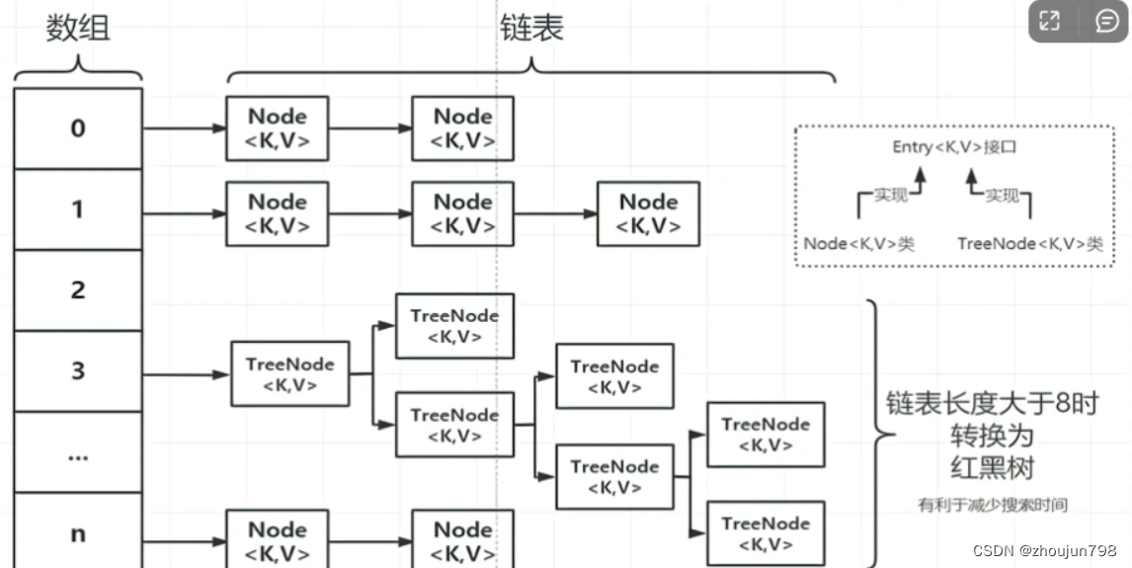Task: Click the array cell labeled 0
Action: [x=78, y=128]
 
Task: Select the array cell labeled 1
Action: [x=78, y=209]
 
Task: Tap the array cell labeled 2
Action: [x=78, y=290]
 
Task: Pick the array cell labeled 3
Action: [x=78, y=371]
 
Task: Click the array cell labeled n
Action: [x=78, y=533]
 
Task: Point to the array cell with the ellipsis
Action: [x=78, y=453]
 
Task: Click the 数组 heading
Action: [x=78, y=28]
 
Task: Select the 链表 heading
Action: [x=531, y=28]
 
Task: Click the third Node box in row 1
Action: [x=648, y=213]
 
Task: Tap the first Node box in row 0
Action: [x=277, y=128]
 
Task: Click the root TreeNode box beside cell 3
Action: [x=289, y=374]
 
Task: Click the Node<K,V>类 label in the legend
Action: [x=858, y=244]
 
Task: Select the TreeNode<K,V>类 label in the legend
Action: [x=1029, y=244]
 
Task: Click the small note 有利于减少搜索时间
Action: [x=992, y=505]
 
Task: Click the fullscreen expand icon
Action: [x=1050, y=21]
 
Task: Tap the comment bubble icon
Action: [x=1106, y=21]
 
